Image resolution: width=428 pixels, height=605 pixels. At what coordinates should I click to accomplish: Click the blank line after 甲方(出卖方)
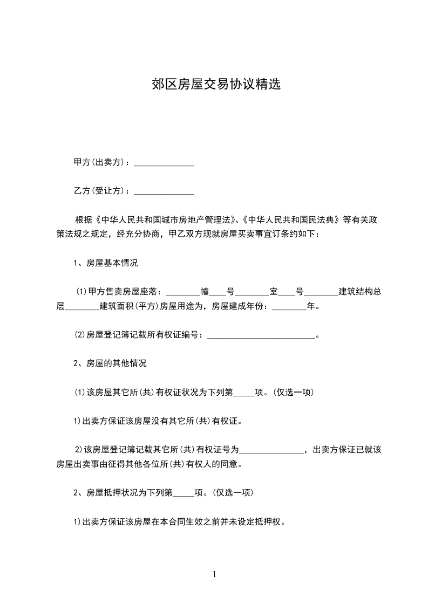(x=164, y=162)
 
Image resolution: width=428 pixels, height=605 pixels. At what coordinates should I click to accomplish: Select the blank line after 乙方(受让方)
(x=164, y=191)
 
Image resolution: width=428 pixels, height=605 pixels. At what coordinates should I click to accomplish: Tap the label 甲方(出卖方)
(x=100, y=162)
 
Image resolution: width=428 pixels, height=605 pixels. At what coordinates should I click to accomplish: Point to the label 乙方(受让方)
(x=100, y=191)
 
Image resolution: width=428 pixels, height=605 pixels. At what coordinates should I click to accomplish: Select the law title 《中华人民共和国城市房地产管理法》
(x=165, y=220)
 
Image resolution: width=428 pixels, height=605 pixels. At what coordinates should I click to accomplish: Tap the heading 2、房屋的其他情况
(x=110, y=363)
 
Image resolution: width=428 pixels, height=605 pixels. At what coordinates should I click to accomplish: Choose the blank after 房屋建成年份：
(x=289, y=307)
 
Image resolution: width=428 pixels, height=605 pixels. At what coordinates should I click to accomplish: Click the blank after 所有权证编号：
(x=261, y=336)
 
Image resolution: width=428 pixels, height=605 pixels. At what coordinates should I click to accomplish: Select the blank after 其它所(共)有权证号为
(x=272, y=450)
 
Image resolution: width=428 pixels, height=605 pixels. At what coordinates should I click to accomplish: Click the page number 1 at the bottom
(x=214, y=575)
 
